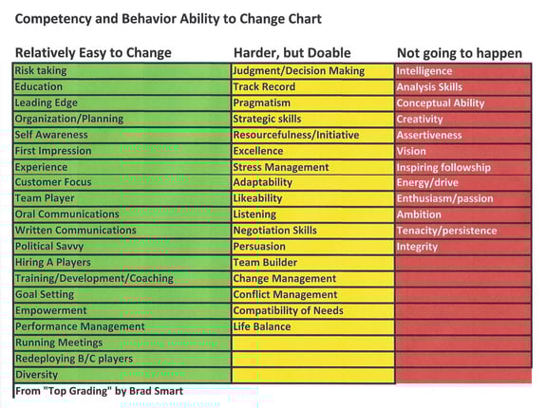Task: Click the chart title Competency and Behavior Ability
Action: (167, 18)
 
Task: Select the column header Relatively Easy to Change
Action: (93, 52)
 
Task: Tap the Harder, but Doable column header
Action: (292, 52)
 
